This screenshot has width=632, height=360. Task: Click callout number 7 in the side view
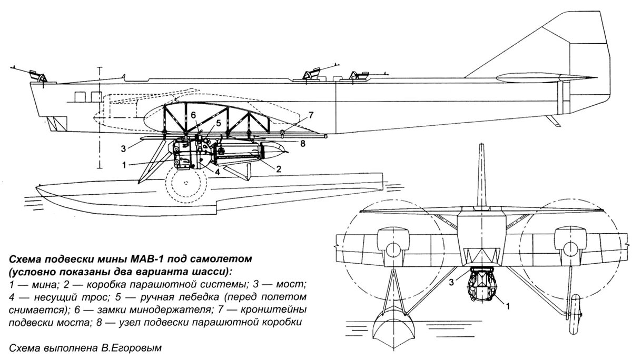311,114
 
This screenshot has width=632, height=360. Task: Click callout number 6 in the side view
193,114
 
